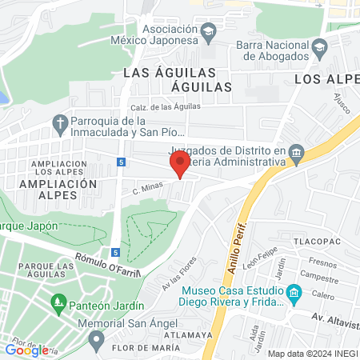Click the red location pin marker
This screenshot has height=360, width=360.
click(x=179, y=165)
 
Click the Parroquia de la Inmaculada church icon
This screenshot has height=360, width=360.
click(x=59, y=122)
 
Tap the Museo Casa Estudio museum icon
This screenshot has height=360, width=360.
click(x=294, y=295)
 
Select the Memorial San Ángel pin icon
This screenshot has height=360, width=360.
click(x=96, y=340)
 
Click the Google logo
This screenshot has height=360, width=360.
click(x=26, y=349)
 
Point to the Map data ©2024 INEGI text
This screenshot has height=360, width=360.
click(x=313, y=354)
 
